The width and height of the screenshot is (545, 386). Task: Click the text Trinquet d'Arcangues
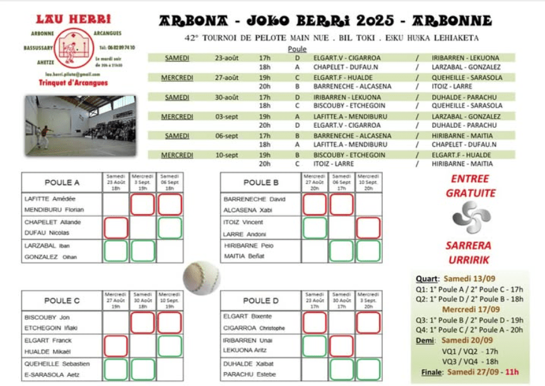[x=73, y=83]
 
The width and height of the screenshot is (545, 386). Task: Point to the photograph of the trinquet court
[x=80, y=126]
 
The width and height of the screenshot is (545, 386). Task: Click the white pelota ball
[x=201, y=278]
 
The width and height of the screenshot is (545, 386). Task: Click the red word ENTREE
[x=471, y=179]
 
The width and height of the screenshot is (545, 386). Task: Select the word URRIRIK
[x=471, y=259]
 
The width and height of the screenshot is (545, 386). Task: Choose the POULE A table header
[x=61, y=183]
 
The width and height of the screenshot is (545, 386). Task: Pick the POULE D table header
[x=261, y=300]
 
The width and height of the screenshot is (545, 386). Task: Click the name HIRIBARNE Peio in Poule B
[x=249, y=245]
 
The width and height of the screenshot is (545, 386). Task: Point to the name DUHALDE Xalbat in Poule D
[x=249, y=363]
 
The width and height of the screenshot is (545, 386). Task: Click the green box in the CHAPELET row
[x=170, y=228]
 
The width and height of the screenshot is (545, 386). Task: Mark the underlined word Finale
[x=432, y=372]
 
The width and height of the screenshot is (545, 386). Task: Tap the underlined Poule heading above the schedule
[x=296, y=49]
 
